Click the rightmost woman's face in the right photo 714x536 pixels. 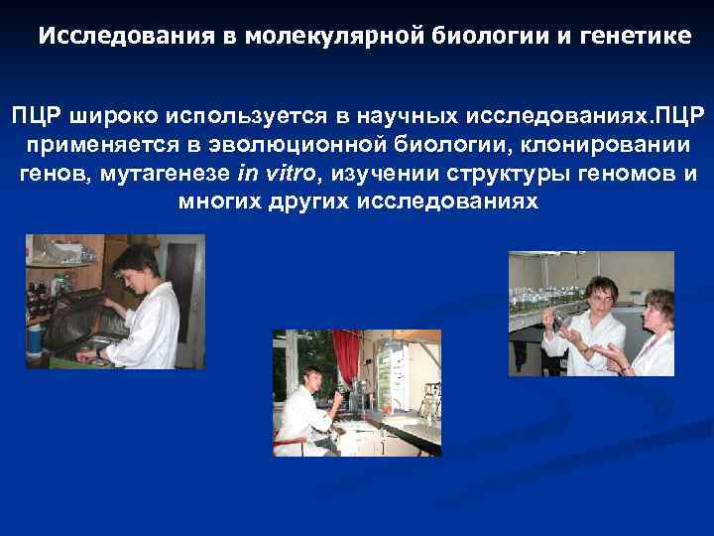(655, 309)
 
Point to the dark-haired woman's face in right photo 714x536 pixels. (601, 295)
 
